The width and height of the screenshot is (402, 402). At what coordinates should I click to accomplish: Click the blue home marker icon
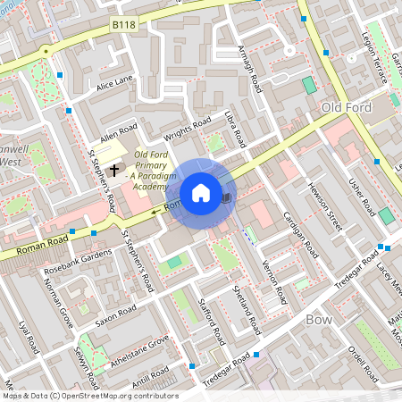pyautogui.click(x=201, y=192)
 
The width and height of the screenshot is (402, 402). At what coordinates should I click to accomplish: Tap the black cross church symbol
pyautogui.click(x=113, y=169)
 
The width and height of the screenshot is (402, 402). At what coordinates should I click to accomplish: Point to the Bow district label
pyautogui.click(x=319, y=319)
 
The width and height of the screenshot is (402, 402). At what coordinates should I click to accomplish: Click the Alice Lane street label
pyautogui.click(x=114, y=81)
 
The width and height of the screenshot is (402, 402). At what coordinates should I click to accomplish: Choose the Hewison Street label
pyautogui.click(x=324, y=203)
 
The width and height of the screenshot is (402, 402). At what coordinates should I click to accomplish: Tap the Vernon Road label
pyautogui.click(x=272, y=273)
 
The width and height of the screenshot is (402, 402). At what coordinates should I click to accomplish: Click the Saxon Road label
pyautogui.click(x=115, y=313)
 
